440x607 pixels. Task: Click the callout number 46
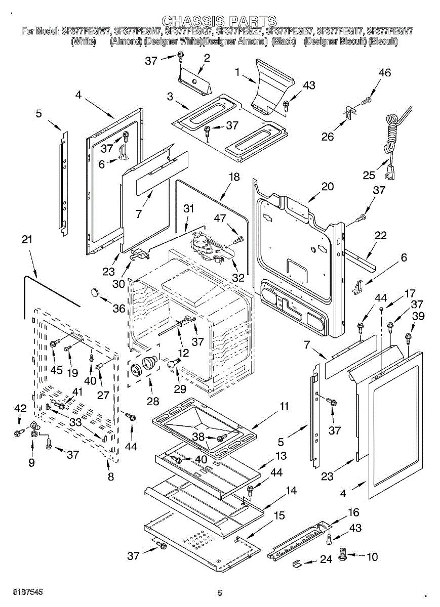[385, 73]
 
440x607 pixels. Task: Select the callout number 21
[27, 239]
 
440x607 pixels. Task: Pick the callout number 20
[328, 186]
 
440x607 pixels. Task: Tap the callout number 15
[279, 516]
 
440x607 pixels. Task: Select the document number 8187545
[21, 592]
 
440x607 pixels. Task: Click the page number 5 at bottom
[220, 593]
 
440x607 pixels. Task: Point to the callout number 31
[188, 208]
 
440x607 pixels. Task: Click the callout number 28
[152, 401]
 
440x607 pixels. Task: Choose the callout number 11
[284, 406]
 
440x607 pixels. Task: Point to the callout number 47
[219, 218]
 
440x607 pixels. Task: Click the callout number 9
[31, 462]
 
